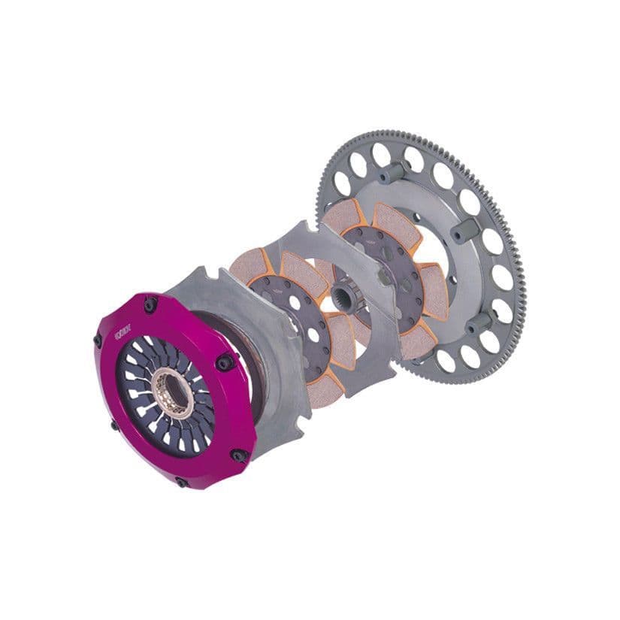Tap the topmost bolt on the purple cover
point(151,304)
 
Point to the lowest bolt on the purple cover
point(182,482)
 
